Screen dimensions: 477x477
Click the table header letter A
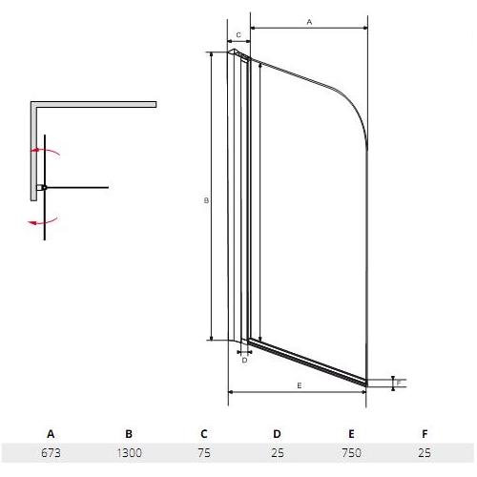[51, 434]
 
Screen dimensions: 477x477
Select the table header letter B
[129, 434]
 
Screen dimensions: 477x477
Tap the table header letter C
[204, 434]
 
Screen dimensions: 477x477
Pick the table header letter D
[277, 434]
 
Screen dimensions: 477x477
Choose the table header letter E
[351, 434]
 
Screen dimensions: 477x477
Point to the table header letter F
[425, 434]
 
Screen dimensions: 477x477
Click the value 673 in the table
[51, 452]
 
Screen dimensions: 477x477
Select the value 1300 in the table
[129, 452]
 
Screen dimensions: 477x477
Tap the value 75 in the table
[204, 452]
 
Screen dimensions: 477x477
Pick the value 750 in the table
[351, 452]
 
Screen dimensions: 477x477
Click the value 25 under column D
[278, 452]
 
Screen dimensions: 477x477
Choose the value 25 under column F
[425, 452]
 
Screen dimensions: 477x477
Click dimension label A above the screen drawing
[309, 22]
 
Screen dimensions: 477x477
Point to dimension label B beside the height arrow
[206, 200]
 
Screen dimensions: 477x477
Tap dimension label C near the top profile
[238, 34]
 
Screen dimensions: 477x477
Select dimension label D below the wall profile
[244, 361]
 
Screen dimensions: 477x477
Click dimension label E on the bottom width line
[300, 385]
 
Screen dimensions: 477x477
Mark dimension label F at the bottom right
[399, 383]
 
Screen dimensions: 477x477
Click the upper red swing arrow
[45, 150]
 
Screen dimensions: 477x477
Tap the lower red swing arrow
[43, 222]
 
